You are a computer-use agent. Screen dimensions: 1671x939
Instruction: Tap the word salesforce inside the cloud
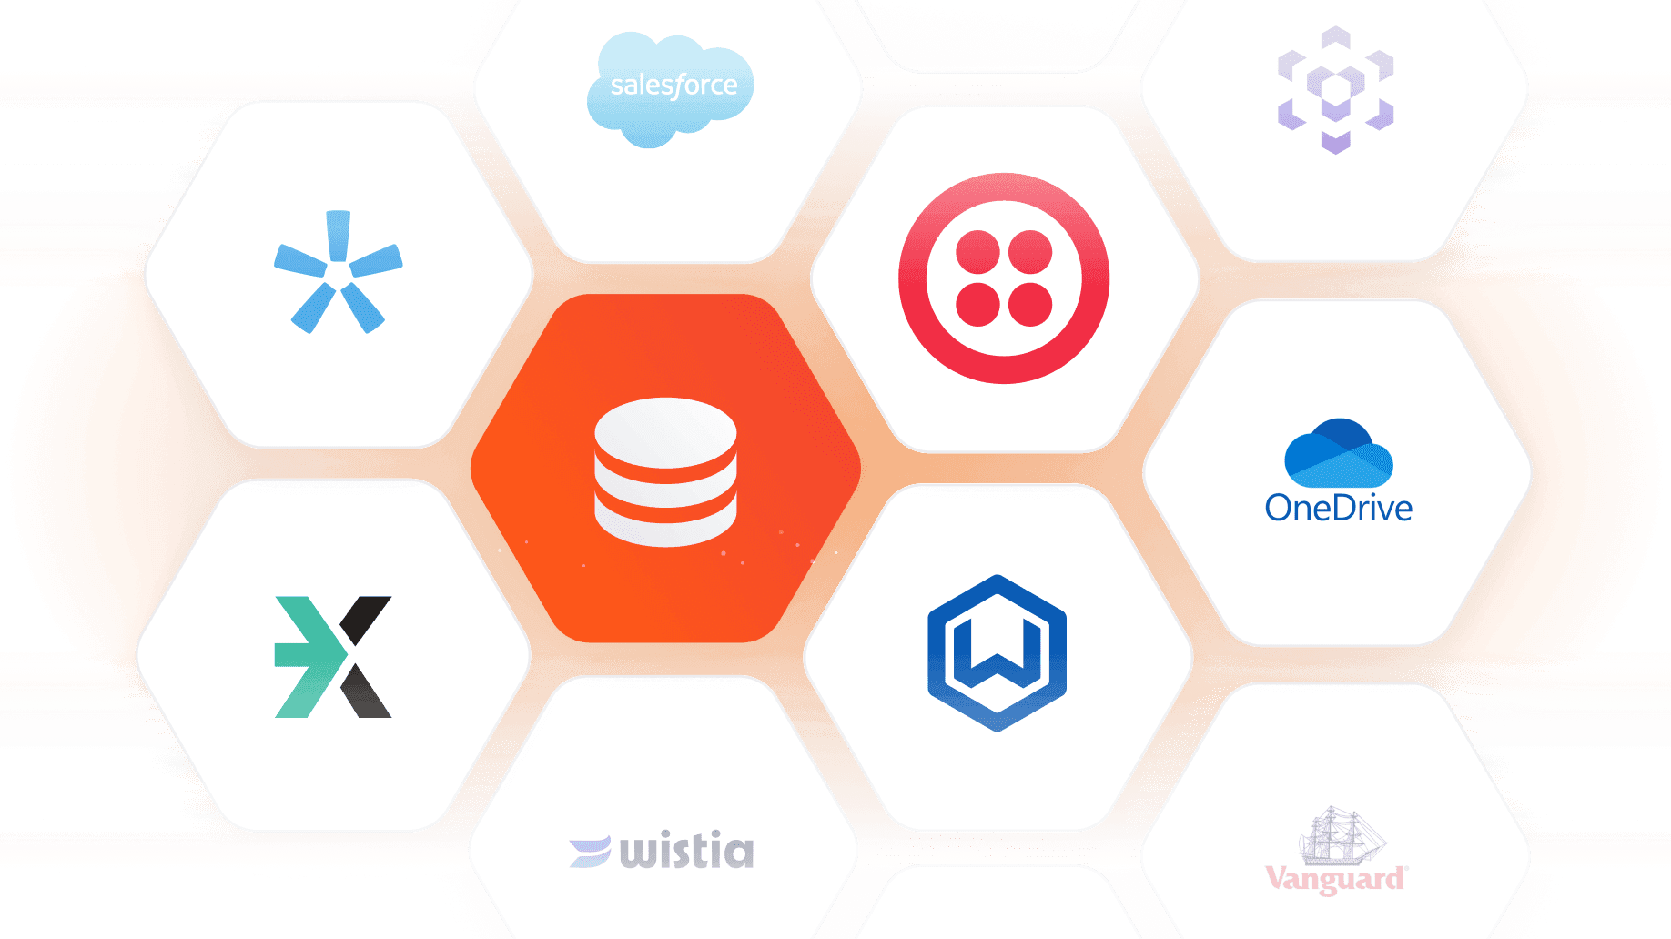click(x=673, y=86)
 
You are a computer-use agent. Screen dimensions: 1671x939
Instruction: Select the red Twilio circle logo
click(x=1004, y=278)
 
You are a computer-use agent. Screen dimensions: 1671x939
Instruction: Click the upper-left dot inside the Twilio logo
click(x=978, y=252)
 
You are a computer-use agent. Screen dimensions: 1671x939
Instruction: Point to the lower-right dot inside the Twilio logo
click(x=1030, y=304)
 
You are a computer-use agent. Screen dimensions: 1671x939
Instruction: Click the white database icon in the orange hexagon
click(x=665, y=471)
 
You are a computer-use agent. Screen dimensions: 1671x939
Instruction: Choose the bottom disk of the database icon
click(x=665, y=528)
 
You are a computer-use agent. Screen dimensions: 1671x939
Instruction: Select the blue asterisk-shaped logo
click(x=338, y=271)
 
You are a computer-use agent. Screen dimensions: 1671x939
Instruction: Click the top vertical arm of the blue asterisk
click(x=339, y=233)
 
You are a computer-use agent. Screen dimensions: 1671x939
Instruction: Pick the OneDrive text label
click(x=1338, y=508)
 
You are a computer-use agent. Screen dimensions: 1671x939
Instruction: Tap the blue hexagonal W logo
click(x=997, y=652)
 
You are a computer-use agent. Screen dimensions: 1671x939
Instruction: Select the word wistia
click(x=687, y=850)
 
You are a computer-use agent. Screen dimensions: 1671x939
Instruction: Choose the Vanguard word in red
click(x=1335, y=879)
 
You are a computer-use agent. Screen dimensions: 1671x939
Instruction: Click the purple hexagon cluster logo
click(x=1335, y=89)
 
